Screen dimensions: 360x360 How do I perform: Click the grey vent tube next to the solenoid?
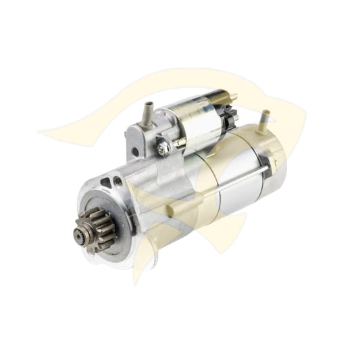click(146, 111)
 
